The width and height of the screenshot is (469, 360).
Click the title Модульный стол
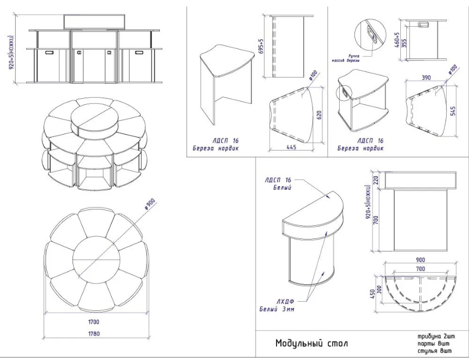311,344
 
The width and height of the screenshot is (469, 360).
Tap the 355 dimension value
405,44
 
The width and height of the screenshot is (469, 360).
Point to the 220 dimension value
376,179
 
